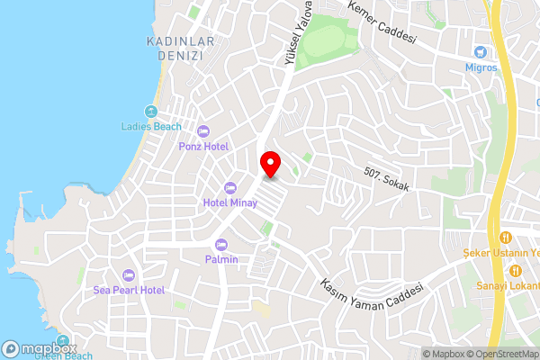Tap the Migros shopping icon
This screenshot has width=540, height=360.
coord(480,52)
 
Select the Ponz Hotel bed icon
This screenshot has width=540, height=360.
coord(202,131)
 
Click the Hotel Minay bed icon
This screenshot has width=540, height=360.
coord(230,187)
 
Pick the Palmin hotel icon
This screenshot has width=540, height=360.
coord(220,244)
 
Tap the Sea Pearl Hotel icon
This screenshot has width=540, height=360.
coord(128,274)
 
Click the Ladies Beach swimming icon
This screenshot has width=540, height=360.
coord(150,112)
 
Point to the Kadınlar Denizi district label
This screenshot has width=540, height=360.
coord(175,49)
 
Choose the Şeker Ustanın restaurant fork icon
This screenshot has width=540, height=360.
coord(506,237)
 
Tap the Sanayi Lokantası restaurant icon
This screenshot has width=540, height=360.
coord(515,271)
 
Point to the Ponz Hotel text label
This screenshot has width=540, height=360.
coord(203,147)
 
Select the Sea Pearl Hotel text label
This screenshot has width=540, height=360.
coord(129,290)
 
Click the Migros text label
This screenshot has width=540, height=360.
coord(481,67)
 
